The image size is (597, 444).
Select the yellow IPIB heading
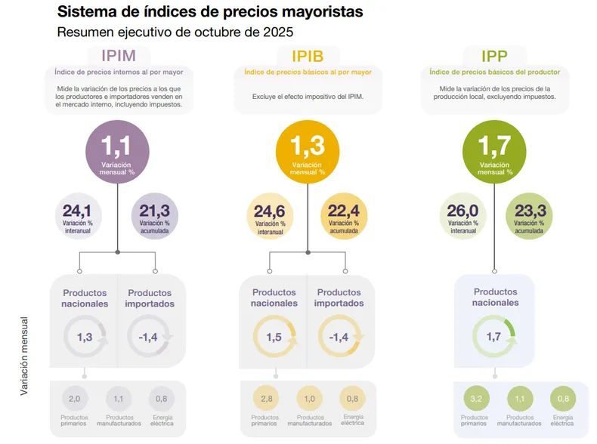(x=308, y=55)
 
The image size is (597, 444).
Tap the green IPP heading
(x=495, y=55)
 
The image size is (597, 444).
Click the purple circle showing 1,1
(x=117, y=151)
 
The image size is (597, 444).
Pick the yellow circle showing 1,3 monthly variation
(x=308, y=151)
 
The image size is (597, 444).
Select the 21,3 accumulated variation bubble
(x=155, y=215)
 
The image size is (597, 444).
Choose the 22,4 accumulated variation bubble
(x=345, y=215)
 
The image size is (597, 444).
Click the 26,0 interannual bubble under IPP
(x=463, y=215)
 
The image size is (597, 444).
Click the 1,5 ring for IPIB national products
(x=274, y=337)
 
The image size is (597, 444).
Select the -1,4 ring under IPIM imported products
(x=149, y=337)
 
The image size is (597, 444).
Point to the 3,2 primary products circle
(x=475, y=399)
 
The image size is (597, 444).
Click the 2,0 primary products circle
(x=74, y=399)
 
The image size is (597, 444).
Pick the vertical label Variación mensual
(x=24, y=355)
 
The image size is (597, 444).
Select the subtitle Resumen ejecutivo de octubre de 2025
(x=175, y=32)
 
